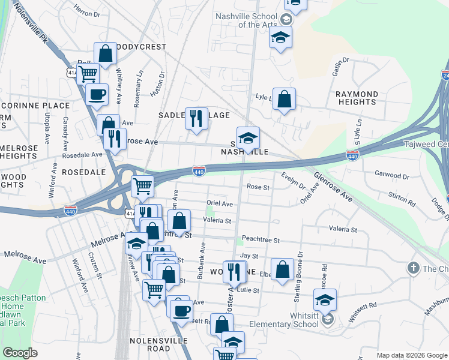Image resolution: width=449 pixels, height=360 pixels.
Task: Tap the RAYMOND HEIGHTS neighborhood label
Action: pos(357,98)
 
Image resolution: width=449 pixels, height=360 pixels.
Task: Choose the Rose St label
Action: pos(259,187)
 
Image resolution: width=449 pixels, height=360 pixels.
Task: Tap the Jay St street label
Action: pos(249,256)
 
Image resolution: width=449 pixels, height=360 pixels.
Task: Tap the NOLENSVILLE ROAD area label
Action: pos(150,344)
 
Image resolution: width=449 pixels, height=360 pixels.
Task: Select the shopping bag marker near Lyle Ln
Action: pos(285,98)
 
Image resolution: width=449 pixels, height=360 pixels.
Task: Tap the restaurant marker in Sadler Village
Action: pos(196,118)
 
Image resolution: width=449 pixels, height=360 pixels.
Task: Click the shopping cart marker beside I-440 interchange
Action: pos(142,186)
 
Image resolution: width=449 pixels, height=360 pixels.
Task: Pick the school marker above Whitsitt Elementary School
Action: pos(325,299)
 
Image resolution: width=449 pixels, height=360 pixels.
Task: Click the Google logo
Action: pos(20,353)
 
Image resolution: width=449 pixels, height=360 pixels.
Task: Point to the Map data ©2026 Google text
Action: pos(411,355)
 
